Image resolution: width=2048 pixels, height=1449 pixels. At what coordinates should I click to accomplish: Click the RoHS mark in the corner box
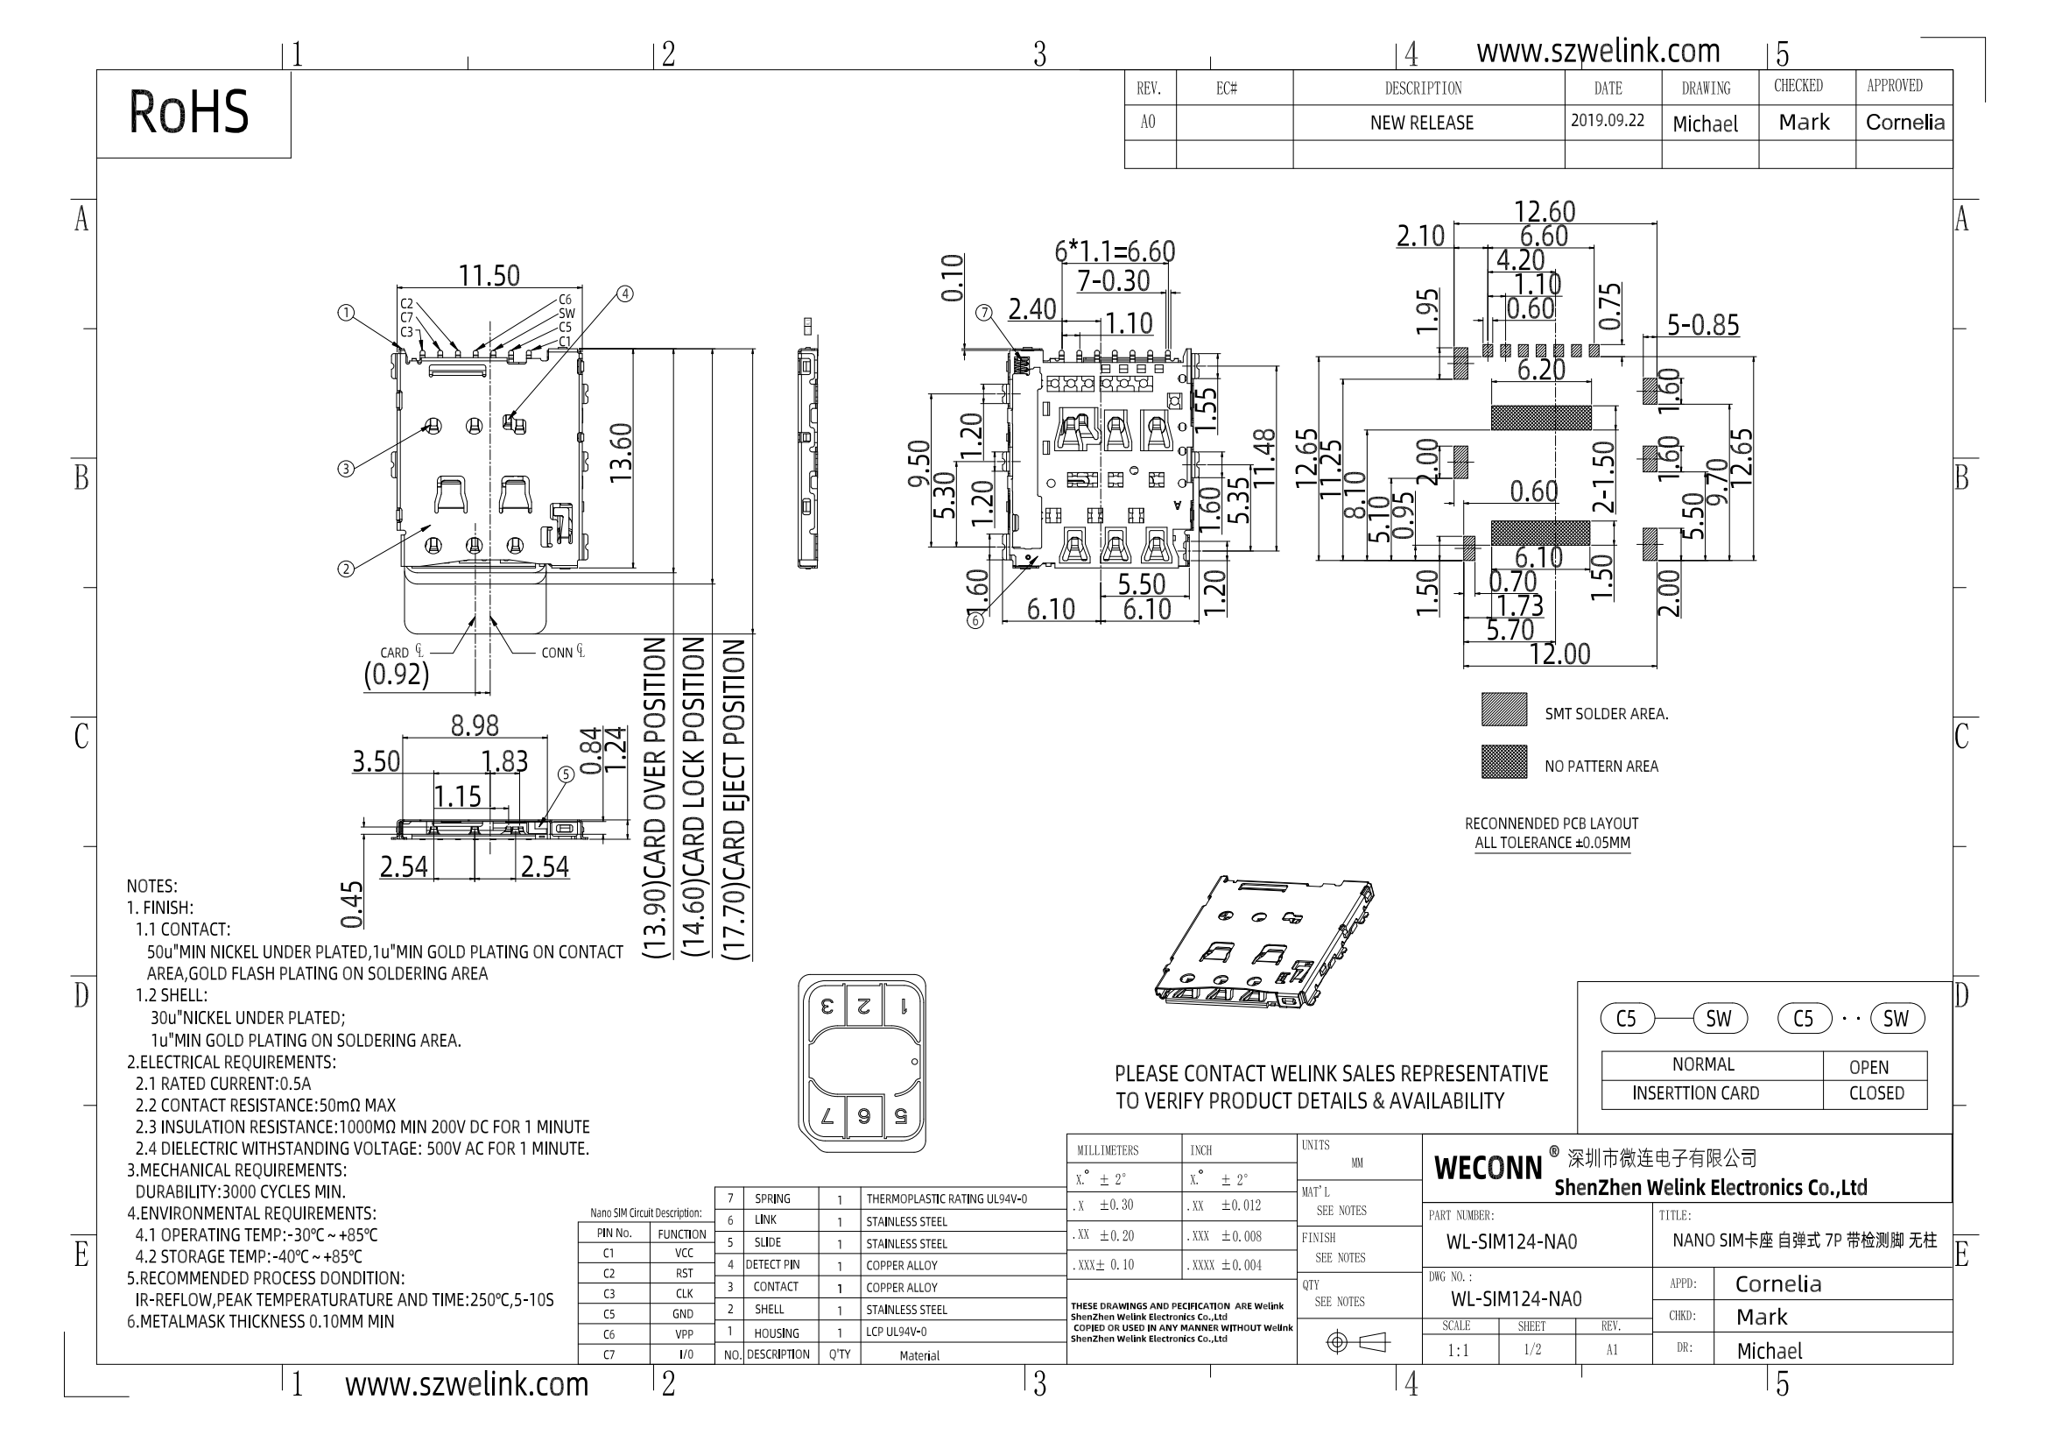tap(188, 112)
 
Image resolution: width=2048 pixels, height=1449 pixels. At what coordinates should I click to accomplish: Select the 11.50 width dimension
tap(489, 275)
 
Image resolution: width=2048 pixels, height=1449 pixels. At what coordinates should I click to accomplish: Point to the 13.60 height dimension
tap(621, 453)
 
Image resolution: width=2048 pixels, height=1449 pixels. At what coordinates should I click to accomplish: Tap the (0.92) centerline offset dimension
tap(396, 675)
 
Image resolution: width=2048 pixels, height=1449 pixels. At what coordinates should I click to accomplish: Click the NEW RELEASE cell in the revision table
tap(1422, 124)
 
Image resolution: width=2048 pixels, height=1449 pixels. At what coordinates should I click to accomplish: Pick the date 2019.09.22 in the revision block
tap(1608, 120)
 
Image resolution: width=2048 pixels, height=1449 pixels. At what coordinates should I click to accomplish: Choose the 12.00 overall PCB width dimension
tap(1560, 654)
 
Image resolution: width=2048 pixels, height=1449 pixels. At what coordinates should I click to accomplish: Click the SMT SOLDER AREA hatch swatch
tap(1504, 710)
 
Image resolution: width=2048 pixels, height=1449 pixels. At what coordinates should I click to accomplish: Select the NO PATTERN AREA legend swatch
tap(1504, 762)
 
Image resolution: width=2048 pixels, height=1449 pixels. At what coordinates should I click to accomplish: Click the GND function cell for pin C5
tap(682, 1313)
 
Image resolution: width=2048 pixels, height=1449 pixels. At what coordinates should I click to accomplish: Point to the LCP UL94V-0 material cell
tap(897, 1332)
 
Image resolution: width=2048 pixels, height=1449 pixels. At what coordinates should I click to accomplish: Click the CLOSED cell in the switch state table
tap(1876, 1093)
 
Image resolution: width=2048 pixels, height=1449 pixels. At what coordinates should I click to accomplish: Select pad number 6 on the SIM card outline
tap(863, 1115)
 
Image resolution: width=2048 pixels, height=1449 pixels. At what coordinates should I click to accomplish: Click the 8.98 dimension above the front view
tap(475, 725)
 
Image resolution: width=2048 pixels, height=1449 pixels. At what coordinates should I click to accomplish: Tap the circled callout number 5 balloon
tap(566, 774)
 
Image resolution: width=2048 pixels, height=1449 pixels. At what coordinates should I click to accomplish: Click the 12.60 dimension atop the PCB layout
tap(1545, 211)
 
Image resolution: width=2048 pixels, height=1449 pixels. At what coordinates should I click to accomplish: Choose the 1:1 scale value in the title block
tap(1458, 1351)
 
